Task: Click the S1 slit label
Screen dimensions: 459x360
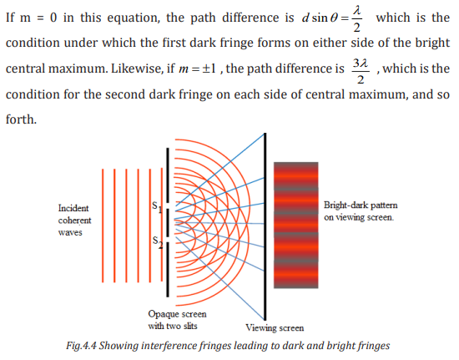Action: (x=157, y=207)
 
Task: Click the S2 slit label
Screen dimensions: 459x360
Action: (x=158, y=242)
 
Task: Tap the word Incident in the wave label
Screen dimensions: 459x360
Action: (x=73, y=208)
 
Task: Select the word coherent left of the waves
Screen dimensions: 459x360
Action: (x=74, y=221)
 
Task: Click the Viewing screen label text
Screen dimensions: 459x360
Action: (x=275, y=327)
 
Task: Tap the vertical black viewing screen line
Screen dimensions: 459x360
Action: (x=265, y=226)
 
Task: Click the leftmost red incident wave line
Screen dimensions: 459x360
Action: (x=103, y=226)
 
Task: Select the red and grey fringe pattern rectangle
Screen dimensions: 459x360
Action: (x=296, y=225)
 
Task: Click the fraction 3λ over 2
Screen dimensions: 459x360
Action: (x=361, y=72)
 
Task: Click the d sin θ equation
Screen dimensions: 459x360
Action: (x=332, y=18)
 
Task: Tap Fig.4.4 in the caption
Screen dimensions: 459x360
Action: (x=81, y=346)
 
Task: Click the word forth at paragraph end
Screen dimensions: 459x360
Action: (x=21, y=119)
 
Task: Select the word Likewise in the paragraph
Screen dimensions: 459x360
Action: (x=138, y=68)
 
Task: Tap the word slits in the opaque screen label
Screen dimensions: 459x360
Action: (x=190, y=326)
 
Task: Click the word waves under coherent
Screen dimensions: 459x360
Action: (x=70, y=232)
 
